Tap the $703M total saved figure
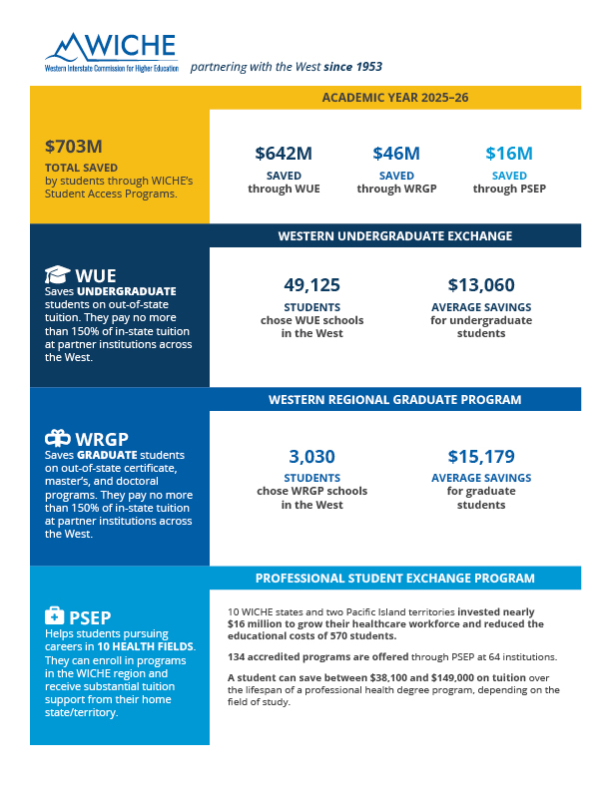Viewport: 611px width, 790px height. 74,147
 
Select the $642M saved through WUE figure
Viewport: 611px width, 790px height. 284,154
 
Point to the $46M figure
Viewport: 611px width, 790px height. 396,154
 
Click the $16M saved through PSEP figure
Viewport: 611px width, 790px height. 509,154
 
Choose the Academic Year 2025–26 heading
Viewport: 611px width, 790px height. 395,97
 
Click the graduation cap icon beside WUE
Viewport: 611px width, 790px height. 57,274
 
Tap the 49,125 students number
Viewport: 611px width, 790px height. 312,285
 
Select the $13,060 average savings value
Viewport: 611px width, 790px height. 481,285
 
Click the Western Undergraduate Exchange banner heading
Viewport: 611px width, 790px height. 395,235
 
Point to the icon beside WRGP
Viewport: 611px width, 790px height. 58,438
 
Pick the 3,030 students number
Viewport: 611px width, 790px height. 312,457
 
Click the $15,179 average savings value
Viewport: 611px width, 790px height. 481,457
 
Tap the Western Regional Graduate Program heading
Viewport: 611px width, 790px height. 395,400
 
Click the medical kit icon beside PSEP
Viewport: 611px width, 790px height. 55,615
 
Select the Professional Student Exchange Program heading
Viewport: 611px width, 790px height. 395,578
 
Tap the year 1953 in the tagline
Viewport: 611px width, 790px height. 369,67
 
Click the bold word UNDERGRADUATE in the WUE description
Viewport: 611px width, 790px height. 127,291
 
